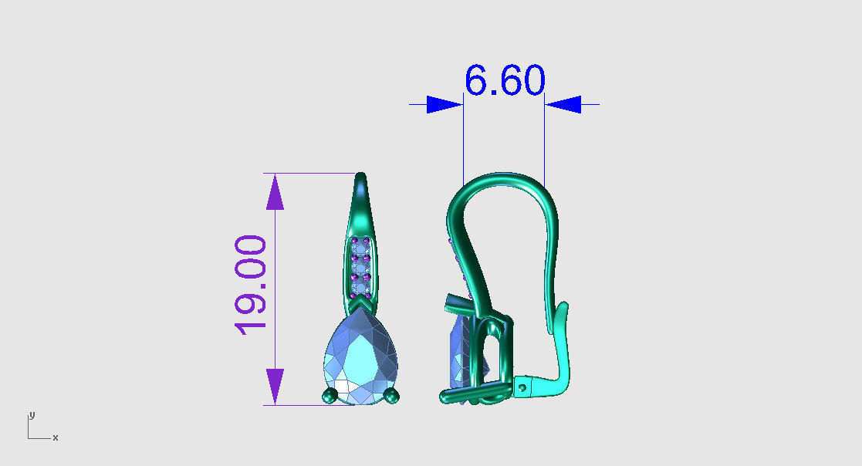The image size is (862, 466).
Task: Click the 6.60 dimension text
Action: (x=505, y=80)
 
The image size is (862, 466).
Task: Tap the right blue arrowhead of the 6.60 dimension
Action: (x=563, y=104)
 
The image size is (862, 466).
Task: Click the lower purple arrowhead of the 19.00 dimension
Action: (x=275, y=385)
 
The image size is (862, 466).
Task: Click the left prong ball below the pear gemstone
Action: (x=330, y=397)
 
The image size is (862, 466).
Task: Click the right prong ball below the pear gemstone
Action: (x=393, y=397)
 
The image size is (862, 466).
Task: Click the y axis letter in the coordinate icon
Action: (x=32, y=415)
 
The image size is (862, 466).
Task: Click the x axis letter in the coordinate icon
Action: (x=56, y=438)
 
